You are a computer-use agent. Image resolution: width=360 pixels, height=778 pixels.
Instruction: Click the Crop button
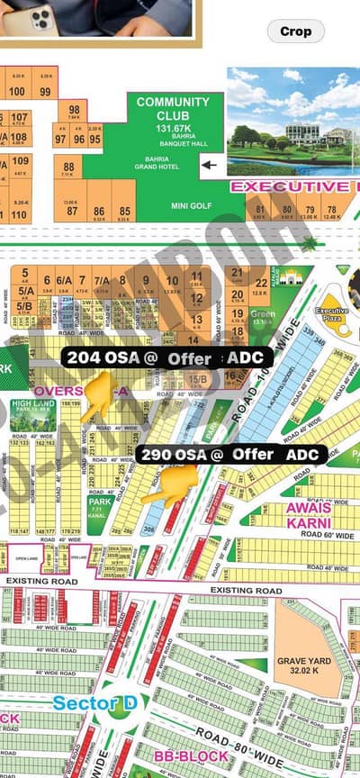point(295,32)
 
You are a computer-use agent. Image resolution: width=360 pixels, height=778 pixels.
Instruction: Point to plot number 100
point(17,91)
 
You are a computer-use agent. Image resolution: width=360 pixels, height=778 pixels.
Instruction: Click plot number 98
point(74,111)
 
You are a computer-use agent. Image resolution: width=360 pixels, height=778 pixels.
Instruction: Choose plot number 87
point(71,211)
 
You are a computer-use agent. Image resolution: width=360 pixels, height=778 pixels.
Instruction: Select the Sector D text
point(85,702)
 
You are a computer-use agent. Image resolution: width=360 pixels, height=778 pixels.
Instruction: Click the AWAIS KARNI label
point(309,514)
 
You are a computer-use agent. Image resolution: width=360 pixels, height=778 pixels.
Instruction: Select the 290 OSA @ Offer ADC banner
point(229,455)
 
